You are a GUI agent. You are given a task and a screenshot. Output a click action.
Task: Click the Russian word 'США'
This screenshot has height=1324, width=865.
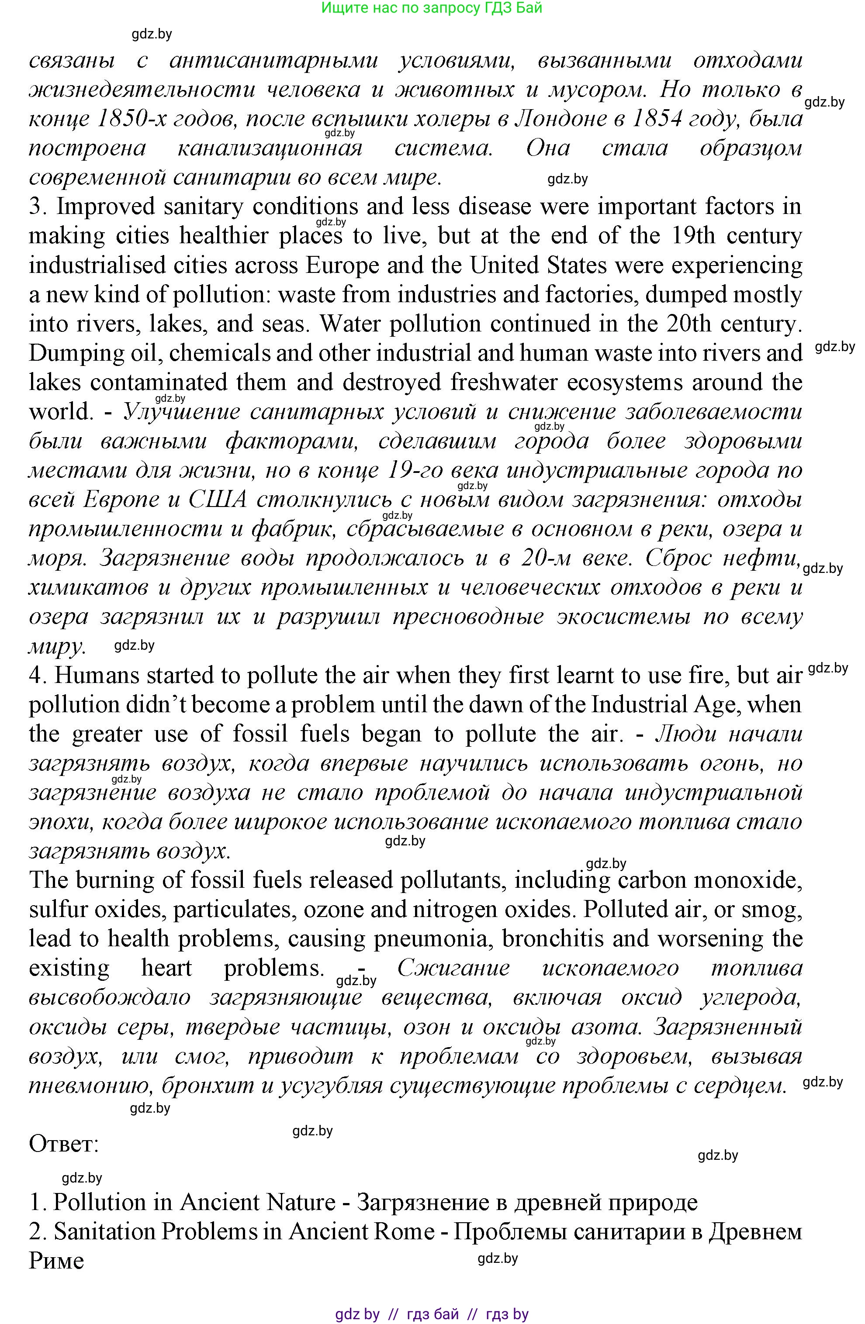(218, 500)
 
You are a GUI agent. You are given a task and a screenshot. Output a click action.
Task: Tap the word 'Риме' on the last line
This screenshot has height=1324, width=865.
(56, 1261)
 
